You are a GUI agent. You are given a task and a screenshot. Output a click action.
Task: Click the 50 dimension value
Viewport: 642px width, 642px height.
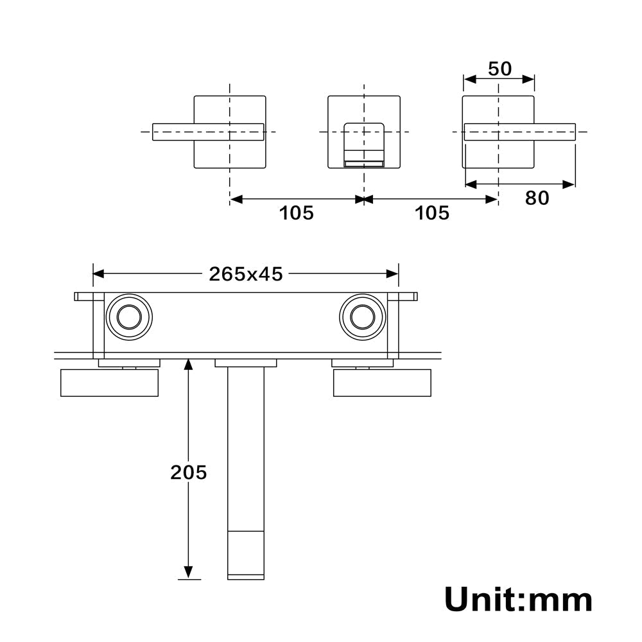(x=500, y=69)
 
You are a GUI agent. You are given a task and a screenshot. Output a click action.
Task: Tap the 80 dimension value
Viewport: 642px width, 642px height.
(x=537, y=198)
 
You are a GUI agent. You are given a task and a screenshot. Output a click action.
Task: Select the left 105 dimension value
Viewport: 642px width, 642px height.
(x=296, y=213)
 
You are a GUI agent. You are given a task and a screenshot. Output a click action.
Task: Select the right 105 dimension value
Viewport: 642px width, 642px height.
(x=432, y=213)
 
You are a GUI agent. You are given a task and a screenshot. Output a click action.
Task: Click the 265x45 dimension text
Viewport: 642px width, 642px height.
(x=245, y=274)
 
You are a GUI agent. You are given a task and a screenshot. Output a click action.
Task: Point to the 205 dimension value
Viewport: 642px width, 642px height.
(x=188, y=473)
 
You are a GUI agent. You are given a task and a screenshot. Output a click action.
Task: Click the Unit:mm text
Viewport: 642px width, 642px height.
(x=518, y=600)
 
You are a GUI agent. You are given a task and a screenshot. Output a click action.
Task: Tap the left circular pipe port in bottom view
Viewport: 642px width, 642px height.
(x=129, y=317)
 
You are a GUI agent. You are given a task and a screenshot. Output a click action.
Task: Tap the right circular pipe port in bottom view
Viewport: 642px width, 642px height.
(x=362, y=317)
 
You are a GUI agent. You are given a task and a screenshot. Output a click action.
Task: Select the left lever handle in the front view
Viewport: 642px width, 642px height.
(x=208, y=132)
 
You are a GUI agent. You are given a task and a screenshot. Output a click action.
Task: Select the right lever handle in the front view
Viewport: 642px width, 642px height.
(x=519, y=132)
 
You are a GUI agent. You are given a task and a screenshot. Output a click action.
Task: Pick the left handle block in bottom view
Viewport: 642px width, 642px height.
(x=109, y=383)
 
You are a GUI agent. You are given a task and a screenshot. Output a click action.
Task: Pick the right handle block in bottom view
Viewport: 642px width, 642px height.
(x=382, y=383)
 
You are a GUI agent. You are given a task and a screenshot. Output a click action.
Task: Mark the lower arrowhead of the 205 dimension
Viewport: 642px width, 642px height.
(x=188, y=572)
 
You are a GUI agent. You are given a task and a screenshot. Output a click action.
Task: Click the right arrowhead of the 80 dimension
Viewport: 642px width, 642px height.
(x=569, y=184)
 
